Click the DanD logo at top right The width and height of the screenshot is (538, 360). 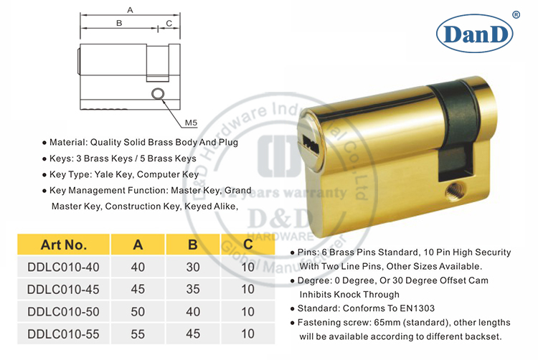[476, 33]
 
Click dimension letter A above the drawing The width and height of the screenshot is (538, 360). [129, 10]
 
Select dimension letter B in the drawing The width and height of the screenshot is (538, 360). [118, 23]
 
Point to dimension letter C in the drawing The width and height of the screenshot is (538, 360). [168, 23]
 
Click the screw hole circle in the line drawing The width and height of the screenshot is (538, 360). [157, 94]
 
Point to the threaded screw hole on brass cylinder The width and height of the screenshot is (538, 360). [453, 192]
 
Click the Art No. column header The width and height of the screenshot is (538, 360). [64, 245]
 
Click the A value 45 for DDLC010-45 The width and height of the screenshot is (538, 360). [138, 289]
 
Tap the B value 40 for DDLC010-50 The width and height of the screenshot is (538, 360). [192, 311]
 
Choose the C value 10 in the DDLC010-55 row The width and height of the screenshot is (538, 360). [248, 333]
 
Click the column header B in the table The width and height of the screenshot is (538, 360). [192, 245]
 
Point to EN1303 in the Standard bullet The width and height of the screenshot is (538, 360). [415, 308]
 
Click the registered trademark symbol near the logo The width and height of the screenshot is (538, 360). [516, 14]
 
